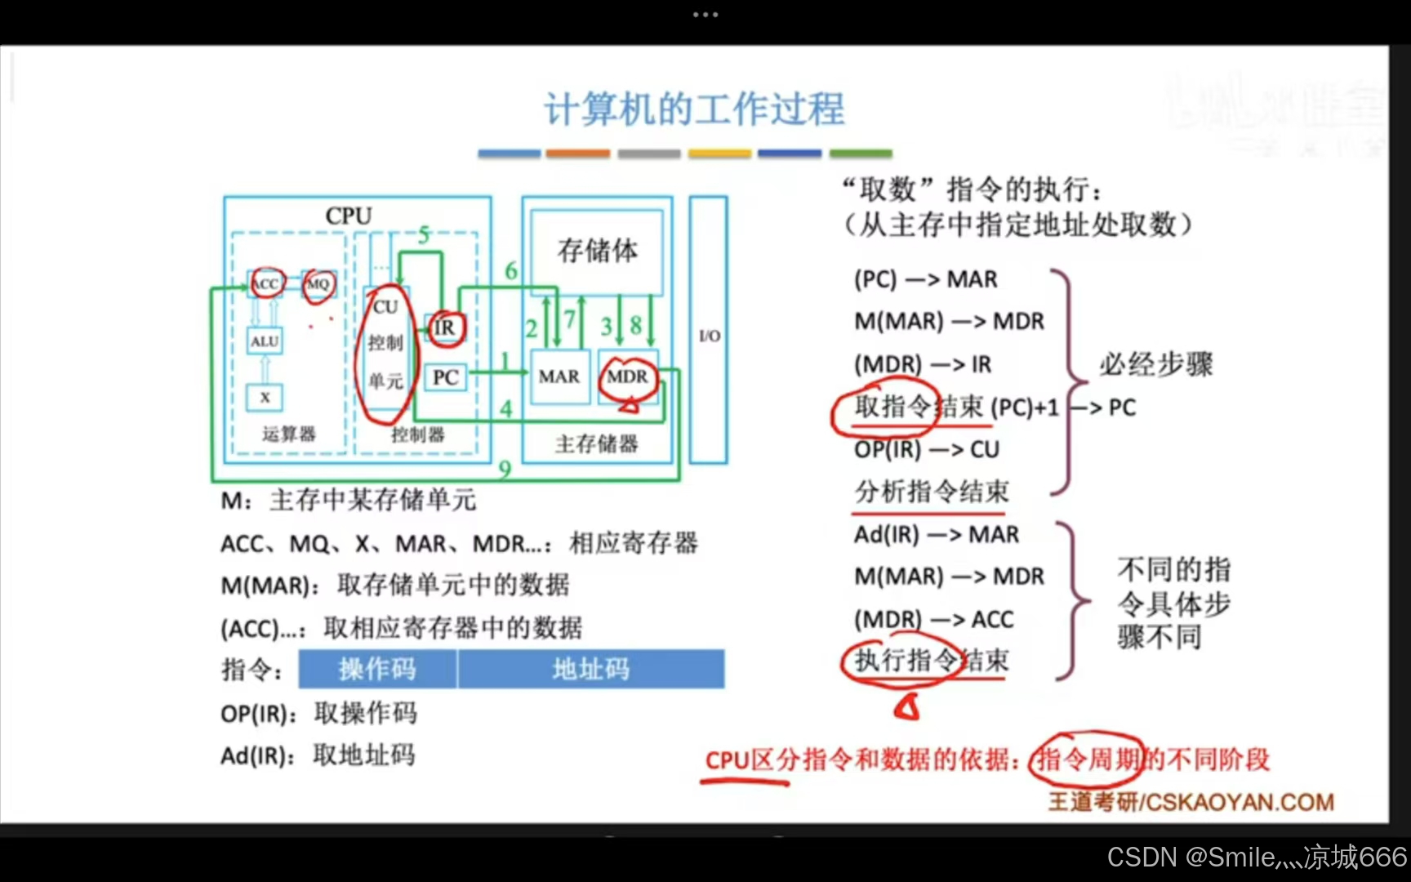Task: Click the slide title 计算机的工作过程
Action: [694, 109]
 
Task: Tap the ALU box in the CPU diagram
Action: [265, 341]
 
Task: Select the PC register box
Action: [445, 377]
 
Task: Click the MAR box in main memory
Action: [559, 376]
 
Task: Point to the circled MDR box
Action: [627, 376]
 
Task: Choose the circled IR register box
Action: [444, 327]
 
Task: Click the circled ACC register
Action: [266, 283]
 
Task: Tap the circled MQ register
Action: [318, 283]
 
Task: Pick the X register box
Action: [265, 398]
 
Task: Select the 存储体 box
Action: [597, 251]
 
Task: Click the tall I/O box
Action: [709, 330]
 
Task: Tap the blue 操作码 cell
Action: [377, 670]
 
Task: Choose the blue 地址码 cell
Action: [590, 670]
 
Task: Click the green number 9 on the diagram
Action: [505, 469]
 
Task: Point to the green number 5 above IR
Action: [424, 235]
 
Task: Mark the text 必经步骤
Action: [1156, 364]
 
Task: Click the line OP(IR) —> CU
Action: [927, 450]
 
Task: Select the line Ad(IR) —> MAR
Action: [937, 535]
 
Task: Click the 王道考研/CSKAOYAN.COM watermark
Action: [1191, 802]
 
